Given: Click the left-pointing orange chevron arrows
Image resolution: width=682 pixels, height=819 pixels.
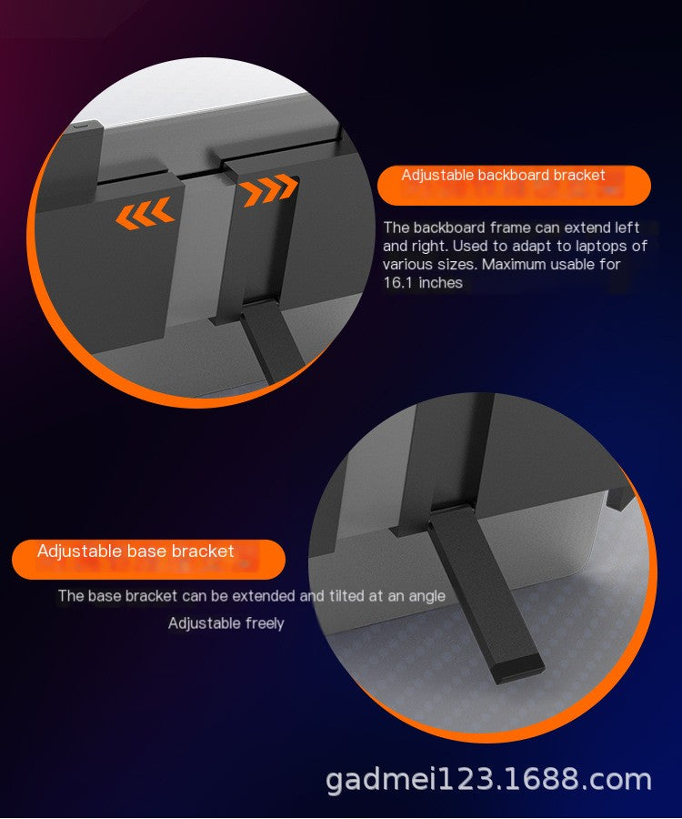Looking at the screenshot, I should [144, 214].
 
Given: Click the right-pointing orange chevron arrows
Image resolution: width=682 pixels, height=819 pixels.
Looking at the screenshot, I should [269, 191].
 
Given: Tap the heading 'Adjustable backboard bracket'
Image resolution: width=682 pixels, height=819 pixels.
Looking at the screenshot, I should [503, 175].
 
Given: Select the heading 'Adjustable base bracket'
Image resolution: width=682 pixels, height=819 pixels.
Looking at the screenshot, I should [135, 551].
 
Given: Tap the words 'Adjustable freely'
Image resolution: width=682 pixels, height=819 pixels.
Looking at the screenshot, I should [226, 623].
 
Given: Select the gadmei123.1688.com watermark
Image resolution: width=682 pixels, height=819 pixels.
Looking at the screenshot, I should [488, 780].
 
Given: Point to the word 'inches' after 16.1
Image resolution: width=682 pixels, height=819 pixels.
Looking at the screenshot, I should [441, 283].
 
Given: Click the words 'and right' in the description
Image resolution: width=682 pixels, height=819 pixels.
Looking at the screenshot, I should [414, 246].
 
